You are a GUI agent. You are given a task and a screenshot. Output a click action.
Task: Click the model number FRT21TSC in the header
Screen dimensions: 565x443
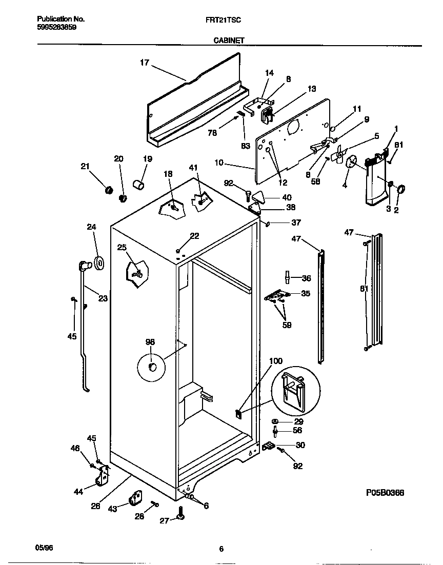(221, 19)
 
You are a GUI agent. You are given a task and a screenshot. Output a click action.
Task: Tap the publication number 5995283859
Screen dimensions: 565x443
(57, 27)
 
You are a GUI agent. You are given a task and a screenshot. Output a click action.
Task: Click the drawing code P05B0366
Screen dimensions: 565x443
(385, 493)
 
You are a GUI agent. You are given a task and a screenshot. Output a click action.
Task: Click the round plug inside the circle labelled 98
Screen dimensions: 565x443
(152, 366)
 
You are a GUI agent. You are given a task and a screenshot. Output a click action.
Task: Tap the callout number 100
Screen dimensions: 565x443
(275, 361)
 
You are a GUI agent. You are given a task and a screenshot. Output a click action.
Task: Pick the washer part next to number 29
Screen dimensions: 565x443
(275, 421)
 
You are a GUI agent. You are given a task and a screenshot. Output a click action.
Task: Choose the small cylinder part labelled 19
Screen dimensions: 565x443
(137, 184)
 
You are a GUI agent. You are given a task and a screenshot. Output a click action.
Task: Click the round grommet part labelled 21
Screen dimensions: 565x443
(108, 190)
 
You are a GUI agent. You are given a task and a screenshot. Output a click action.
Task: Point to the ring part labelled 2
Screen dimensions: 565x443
(401, 189)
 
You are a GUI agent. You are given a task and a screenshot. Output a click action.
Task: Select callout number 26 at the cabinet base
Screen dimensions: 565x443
(95, 506)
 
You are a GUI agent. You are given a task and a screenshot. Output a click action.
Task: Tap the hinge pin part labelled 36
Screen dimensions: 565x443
(288, 277)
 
